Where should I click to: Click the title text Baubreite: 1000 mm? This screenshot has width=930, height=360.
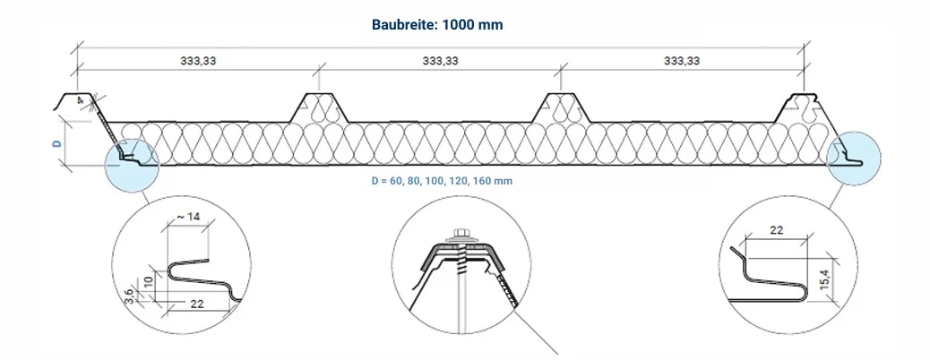437,25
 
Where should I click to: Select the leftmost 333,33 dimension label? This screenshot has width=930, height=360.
200,62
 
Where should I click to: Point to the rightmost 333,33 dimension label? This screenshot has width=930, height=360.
682,62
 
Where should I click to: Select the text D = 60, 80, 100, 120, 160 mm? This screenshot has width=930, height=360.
441,181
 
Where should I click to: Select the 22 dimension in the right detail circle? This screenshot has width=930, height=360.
776,230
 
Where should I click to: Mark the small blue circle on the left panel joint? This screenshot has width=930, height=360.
132,164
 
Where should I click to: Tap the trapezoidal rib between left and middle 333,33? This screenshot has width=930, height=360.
318,107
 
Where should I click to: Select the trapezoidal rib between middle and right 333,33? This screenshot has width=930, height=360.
560,107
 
